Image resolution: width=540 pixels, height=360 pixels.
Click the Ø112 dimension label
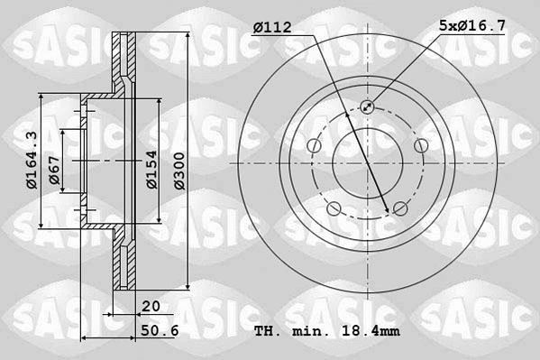272,28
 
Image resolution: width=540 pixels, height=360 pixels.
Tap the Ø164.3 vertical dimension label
32,160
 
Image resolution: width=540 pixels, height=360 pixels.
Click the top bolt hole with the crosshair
367,106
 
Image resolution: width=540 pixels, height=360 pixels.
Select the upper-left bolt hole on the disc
314,146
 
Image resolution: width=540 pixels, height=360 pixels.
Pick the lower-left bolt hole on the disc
334,209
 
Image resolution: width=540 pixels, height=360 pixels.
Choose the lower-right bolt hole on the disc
399,209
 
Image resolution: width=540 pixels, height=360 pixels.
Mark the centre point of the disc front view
367,163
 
